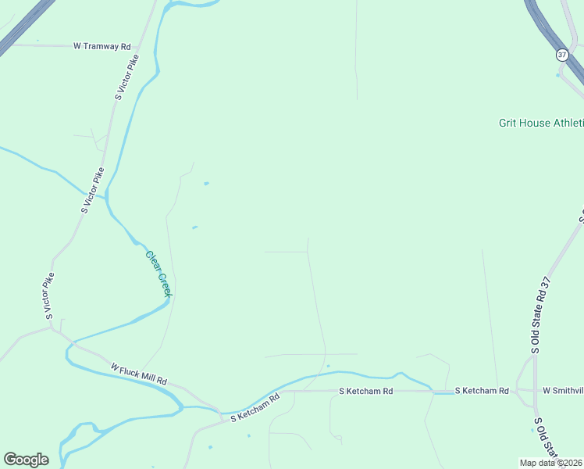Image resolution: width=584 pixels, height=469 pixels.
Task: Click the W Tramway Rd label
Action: pyautogui.click(x=102, y=46)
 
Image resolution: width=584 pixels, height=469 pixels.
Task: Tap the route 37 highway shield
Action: pyautogui.click(x=562, y=55)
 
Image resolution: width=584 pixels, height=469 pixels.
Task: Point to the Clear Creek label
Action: pyautogui.click(x=158, y=273)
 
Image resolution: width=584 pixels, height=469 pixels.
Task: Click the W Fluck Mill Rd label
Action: pyautogui.click(x=139, y=374)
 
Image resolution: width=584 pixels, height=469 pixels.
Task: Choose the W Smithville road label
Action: pyautogui.click(x=563, y=390)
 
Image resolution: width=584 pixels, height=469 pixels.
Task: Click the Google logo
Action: pyautogui.click(x=26, y=460)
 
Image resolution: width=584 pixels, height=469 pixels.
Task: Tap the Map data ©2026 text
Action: pyautogui.click(x=551, y=463)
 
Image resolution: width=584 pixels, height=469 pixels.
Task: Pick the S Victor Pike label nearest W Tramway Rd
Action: pyautogui.click(x=127, y=77)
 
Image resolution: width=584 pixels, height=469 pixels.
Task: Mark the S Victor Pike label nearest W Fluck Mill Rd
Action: pyautogui.click(x=51, y=296)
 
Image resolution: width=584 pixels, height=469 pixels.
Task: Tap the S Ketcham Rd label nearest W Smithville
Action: pyautogui.click(x=482, y=390)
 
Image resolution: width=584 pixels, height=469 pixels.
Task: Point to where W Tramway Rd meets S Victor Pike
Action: pyautogui.click(x=139, y=46)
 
